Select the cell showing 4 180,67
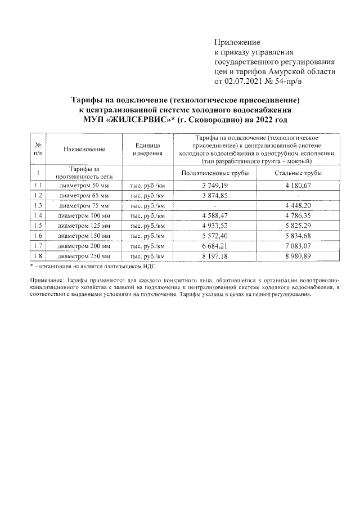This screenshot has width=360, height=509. tap(298, 185)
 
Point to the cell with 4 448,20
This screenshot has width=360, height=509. tap(298, 205)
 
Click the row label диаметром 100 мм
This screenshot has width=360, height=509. tap(84, 215)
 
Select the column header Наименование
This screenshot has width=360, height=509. tap(84, 149)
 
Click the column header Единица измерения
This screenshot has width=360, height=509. tap(147, 149)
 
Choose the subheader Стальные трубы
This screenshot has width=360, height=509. tap(298, 173)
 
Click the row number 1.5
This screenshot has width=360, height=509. tap(38, 226)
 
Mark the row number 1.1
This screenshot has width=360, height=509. tap(38, 185)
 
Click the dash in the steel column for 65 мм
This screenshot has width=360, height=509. tap(298, 195)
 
